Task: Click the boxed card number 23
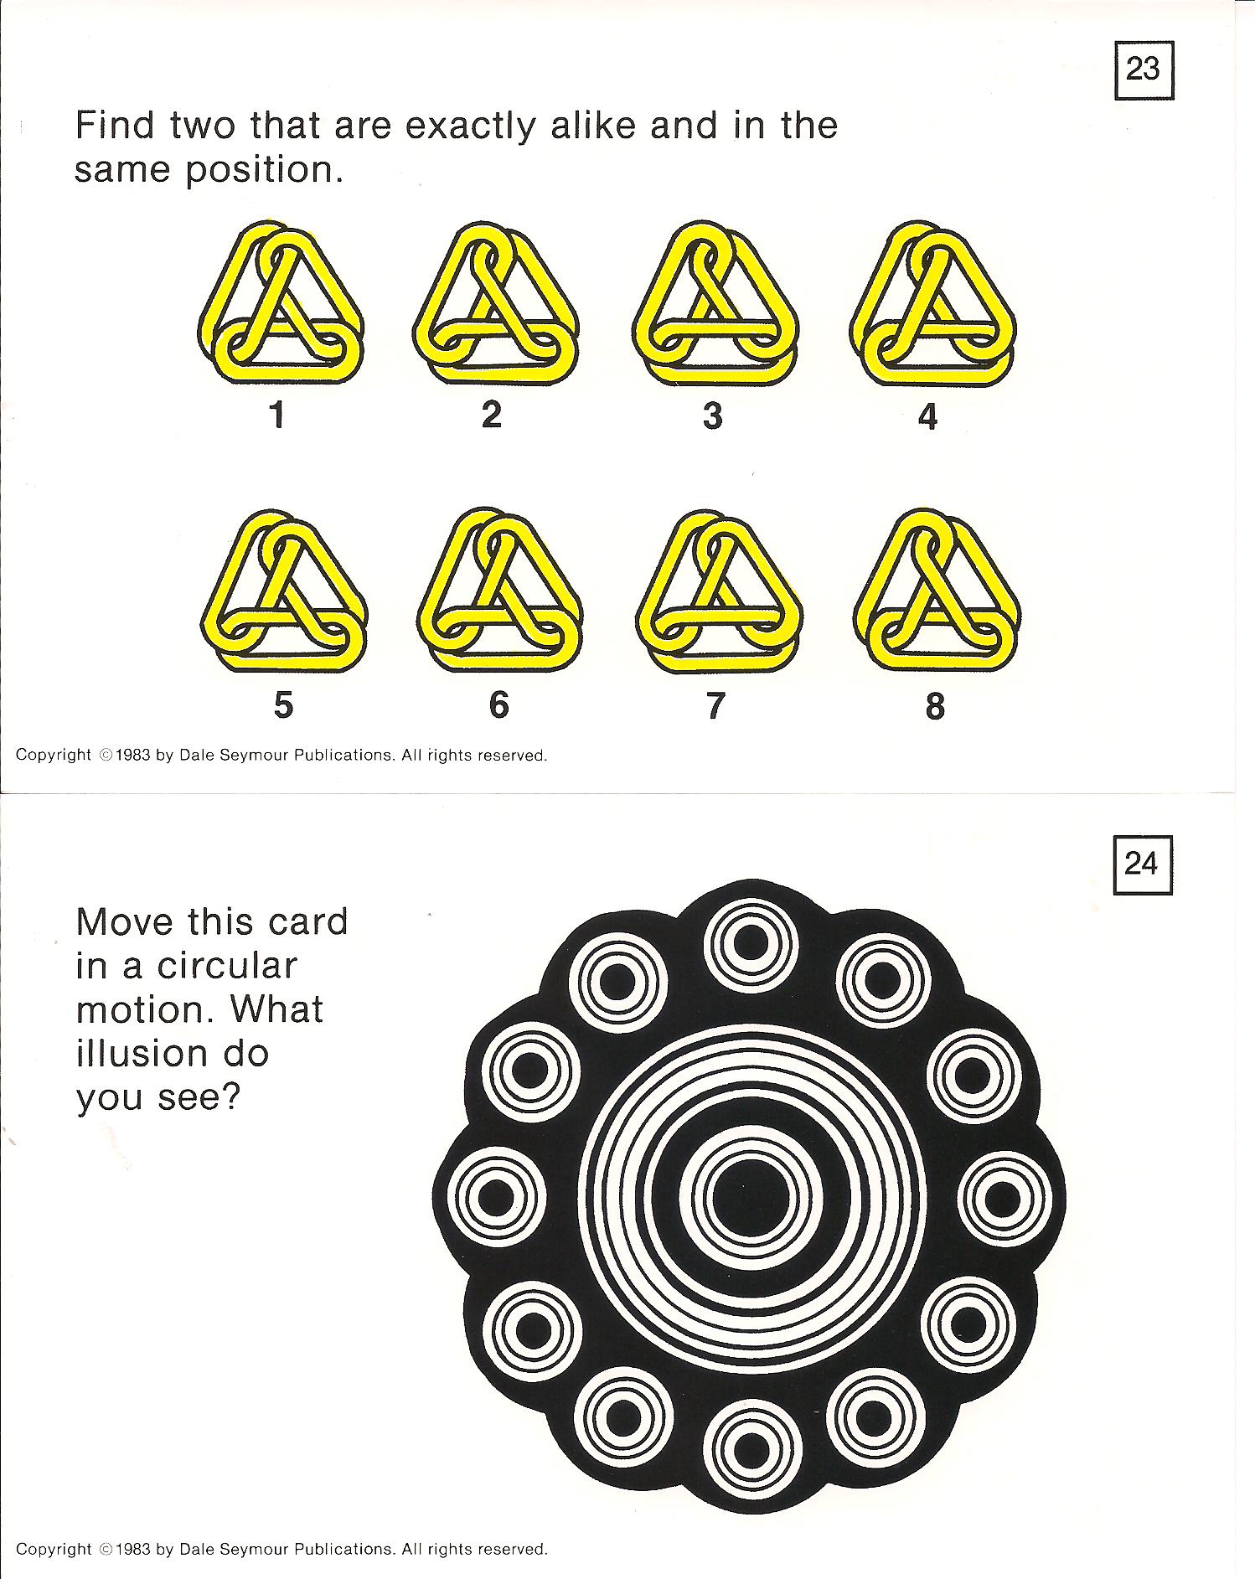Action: (x=1143, y=70)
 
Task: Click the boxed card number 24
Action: (x=1141, y=864)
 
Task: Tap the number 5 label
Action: (x=283, y=704)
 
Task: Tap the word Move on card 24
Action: (x=125, y=922)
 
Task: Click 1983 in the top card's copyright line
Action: (x=133, y=756)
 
